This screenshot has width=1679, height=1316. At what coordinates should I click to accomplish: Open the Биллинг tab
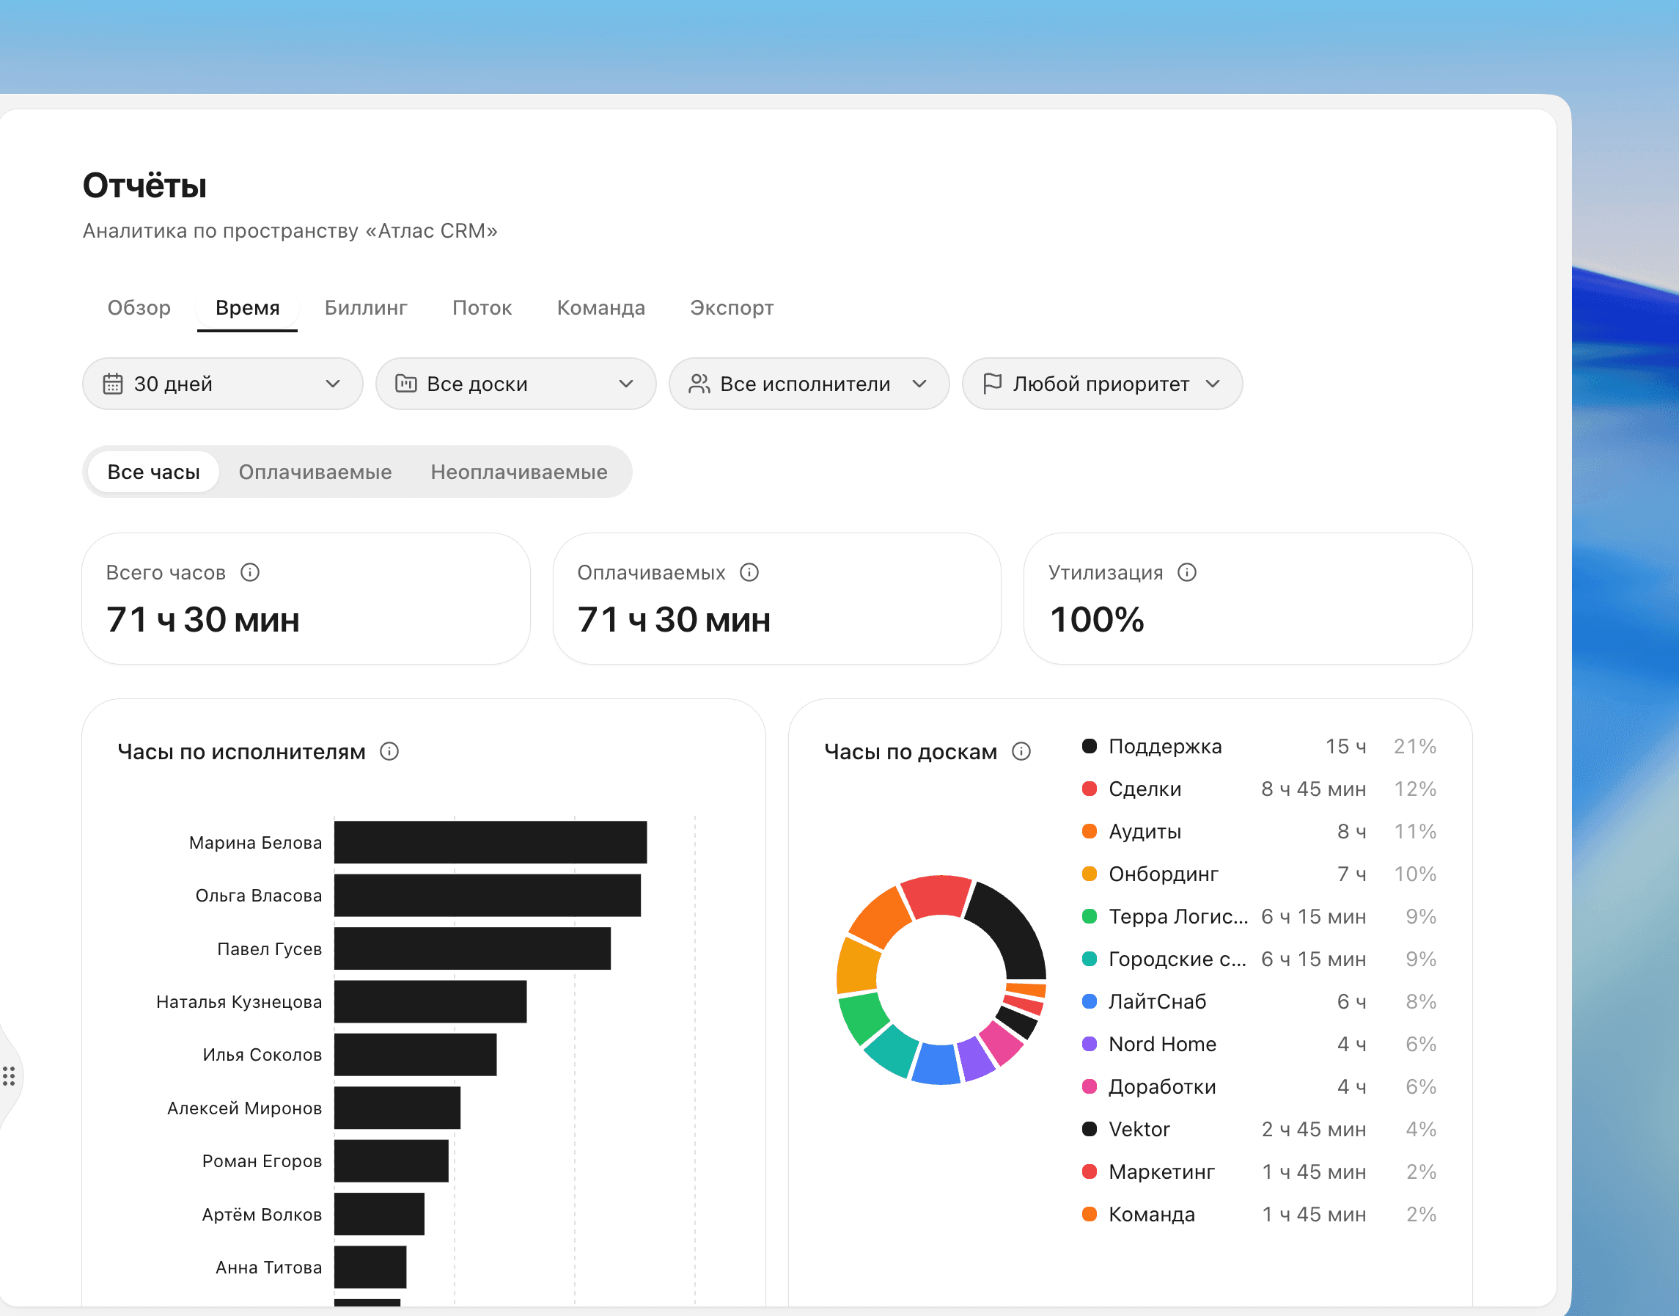(366, 307)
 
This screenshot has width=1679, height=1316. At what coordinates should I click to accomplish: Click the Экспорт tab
(732, 307)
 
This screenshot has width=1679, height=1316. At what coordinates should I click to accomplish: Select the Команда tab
(600, 307)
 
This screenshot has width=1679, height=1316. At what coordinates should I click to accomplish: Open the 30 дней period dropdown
(223, 384)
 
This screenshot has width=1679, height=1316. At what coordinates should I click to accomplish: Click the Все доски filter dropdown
(516, 384)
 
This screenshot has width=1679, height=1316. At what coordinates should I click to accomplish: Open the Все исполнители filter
(809, 384)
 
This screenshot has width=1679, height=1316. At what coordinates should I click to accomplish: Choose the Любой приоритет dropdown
(1102, 384)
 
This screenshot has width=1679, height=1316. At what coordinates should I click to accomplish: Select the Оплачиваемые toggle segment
(315, 472)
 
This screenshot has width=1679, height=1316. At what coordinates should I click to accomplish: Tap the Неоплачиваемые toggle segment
(519, 472)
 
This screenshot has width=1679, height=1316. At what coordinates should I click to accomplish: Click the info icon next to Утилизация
(1187, 572)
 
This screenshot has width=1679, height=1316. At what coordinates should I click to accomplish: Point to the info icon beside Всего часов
(249, 572)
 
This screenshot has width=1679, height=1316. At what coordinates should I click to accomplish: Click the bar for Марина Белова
(491, 842)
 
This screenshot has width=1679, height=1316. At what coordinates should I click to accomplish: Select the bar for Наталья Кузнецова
(430, 1001)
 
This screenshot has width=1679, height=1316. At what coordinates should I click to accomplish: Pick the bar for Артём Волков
(379, 1214)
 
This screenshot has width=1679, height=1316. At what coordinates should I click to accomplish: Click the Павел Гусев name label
(270, 948)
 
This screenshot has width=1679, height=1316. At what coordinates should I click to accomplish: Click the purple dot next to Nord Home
(1089, 1044)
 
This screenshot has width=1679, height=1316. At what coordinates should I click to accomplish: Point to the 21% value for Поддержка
(1415, 746)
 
